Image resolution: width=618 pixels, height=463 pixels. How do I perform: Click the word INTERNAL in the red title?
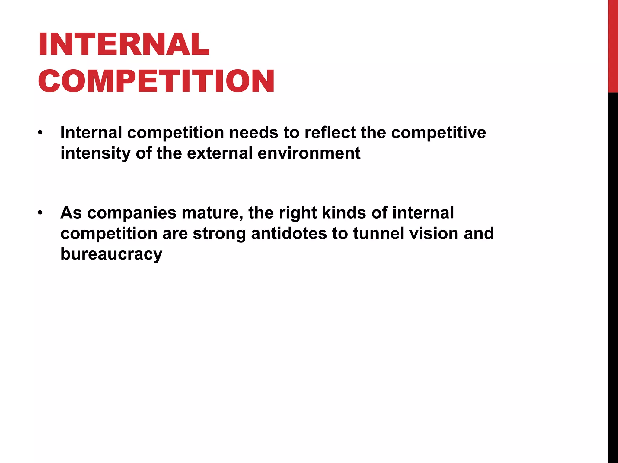click(124, 44)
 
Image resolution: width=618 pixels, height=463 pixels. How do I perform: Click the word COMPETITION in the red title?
click(156, 81)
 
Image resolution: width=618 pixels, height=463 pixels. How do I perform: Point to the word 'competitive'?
click(438, 132)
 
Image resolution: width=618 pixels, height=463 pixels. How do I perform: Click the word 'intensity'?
click(95, 153)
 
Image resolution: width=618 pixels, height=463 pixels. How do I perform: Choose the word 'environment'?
click(309, 153)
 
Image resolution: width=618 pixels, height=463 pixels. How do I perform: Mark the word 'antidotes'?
click(289, 233)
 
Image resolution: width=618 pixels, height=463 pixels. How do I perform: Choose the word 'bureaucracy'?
click(111, 254)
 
